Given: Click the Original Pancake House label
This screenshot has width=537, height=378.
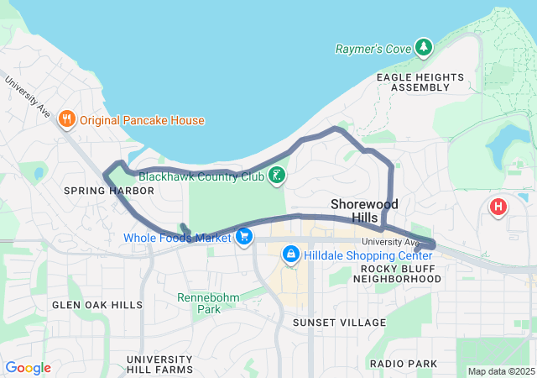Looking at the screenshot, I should (143, 120).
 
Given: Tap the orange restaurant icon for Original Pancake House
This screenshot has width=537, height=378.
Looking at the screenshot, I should (67, 120).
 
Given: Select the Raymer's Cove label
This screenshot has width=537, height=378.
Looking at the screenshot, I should (373, 49).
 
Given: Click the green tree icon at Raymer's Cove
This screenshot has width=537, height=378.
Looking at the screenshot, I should (425, 47).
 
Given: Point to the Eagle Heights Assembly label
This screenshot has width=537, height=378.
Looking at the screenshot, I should (420, 81).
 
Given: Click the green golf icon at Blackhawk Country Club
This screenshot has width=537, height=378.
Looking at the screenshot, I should (276, 176).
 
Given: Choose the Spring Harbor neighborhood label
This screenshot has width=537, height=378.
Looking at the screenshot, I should (109, 191).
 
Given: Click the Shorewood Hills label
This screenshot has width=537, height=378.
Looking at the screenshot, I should (364, 211).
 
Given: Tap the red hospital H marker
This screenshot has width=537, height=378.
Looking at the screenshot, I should (499, 206).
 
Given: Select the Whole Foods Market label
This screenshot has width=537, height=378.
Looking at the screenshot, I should (177, 238).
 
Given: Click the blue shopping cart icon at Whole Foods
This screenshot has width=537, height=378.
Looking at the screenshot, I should (244, 237).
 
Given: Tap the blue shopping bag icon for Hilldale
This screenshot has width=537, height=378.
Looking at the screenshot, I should (291, 253).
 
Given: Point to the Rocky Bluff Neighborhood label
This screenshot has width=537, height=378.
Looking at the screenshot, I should (400, 273).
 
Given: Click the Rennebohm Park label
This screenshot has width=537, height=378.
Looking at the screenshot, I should (208, 302).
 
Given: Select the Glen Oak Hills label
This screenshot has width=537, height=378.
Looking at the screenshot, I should (97, 305).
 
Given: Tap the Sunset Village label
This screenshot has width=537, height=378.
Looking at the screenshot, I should (339, 322).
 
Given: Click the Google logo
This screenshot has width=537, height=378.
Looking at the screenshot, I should (29, 368).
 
